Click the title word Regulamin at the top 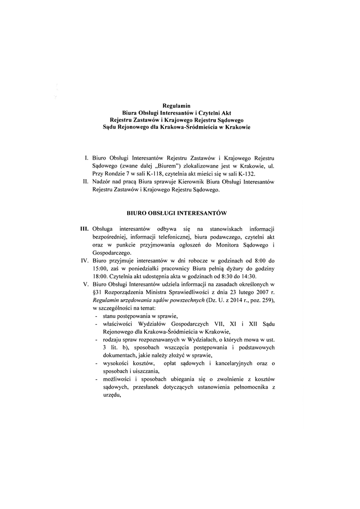coord(177,105)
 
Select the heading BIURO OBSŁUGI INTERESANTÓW coord(177,213)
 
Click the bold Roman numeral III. coord(84,229)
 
